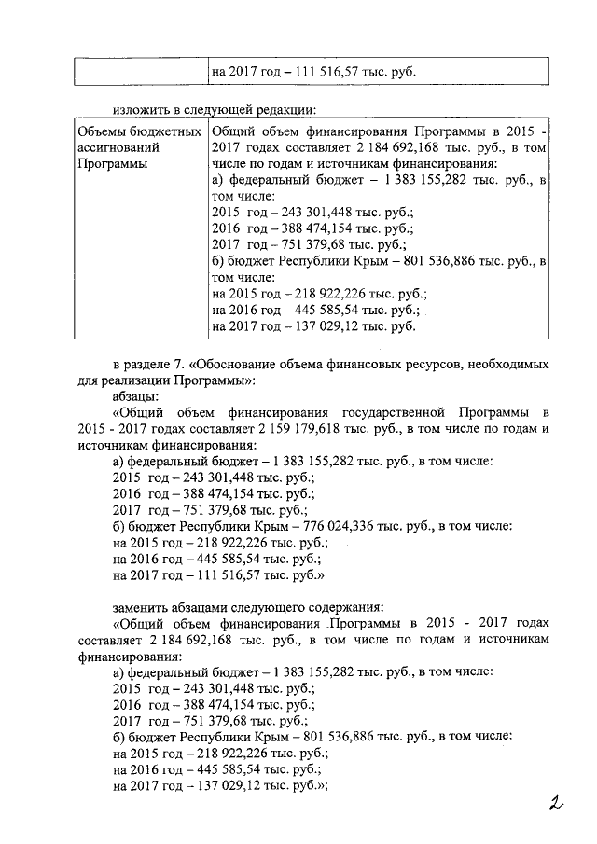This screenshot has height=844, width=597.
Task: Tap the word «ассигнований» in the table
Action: tap(118, 147)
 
